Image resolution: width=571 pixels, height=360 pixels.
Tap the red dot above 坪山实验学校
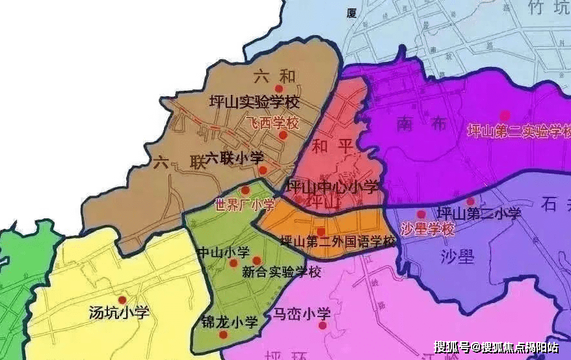[279, 88]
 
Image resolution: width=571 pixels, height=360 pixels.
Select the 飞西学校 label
[272, 123]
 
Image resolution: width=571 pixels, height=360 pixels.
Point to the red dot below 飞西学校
[283, 135]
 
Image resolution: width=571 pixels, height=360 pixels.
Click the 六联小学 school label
[226, 158]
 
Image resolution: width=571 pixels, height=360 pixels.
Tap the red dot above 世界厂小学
[245, 190]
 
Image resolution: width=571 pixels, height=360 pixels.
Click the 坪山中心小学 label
[332, 187]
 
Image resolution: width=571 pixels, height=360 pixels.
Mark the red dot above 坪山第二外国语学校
[321, 231]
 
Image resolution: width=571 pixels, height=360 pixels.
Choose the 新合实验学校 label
[281, 272]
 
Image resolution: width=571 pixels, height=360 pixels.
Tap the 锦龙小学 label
[229, 322]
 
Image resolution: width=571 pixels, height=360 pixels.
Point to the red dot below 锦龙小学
[224, 335]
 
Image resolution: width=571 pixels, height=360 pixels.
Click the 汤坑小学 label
[119, 313]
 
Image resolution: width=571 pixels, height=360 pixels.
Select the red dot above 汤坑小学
[122, 300]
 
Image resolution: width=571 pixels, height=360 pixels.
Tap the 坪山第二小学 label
[479, 212]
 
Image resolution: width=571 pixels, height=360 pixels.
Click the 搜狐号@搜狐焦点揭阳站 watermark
[496, 346]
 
